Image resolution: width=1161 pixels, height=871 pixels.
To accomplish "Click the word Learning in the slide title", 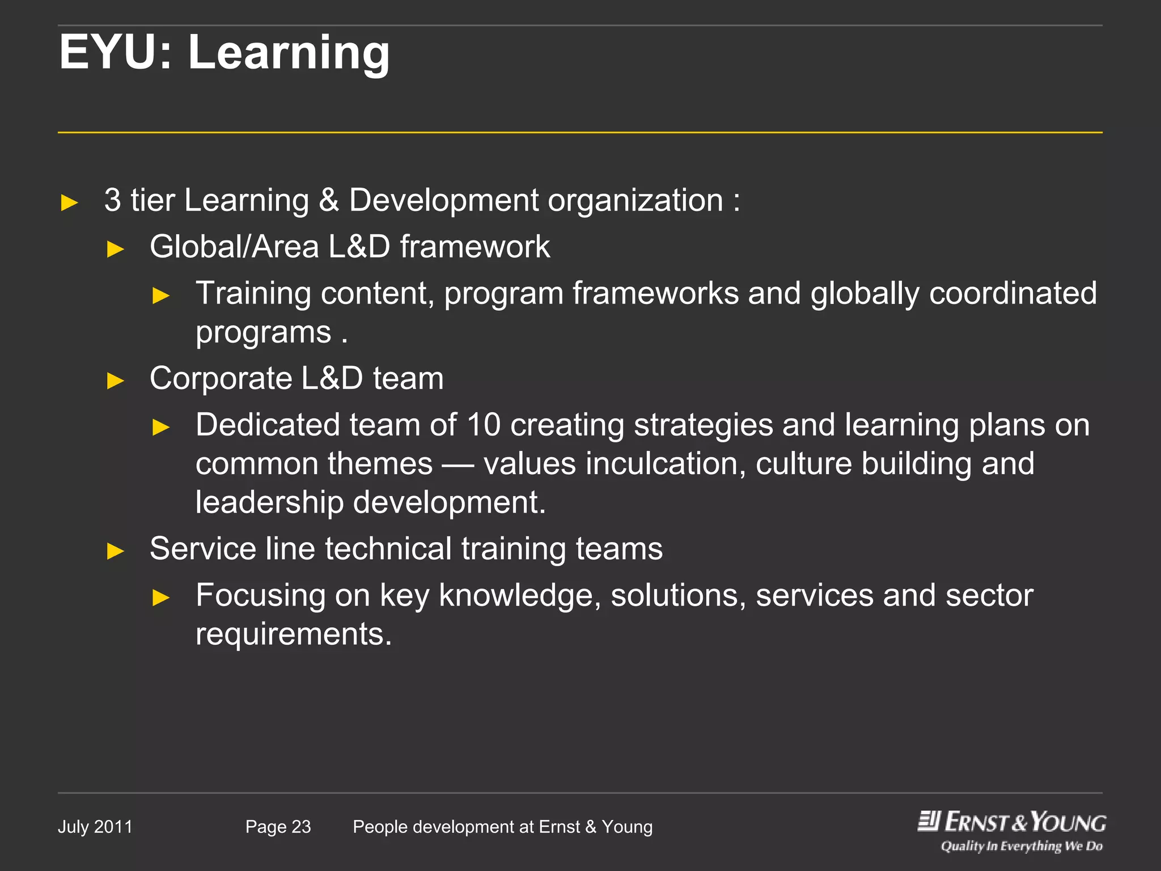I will click(x=289, y=53).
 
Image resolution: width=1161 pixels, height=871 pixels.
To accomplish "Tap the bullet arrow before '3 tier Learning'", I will click(x=69, y=202).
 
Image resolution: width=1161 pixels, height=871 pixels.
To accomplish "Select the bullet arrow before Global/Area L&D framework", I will click(x=116, y=249).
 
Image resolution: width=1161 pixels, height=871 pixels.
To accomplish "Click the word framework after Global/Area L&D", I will click(x=474, y=247).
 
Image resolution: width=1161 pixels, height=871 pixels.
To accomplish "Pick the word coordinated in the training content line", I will click(x=1012, y=293).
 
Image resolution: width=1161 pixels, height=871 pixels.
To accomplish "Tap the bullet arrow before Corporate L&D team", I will click(x=116, y=380).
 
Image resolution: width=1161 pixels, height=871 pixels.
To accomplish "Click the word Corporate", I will click(x=221, y=379).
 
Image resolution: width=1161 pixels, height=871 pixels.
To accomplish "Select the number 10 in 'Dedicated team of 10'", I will click(x=484, y=425).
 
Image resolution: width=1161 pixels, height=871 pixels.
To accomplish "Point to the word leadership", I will click(x=269, y=502).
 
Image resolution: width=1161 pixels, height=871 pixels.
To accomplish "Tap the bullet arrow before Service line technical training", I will click(x=116, y=551).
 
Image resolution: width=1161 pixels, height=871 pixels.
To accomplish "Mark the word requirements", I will click(x=293, y=634).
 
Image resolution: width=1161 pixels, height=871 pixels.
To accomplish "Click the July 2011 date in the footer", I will click(x=95, y=827).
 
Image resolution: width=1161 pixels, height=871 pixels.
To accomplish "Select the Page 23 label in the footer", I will click(x=278, y=827).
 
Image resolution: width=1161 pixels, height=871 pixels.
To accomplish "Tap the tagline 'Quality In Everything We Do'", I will click(x=1022, y=847).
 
